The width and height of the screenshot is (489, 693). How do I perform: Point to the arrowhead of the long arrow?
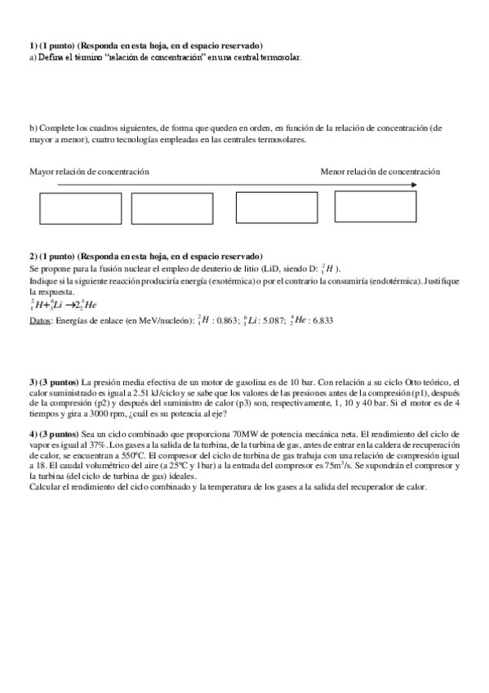pos(415,185)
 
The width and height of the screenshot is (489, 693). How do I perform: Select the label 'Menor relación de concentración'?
pos(380,172)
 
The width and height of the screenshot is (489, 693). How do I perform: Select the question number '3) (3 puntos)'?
pos(54,382)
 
